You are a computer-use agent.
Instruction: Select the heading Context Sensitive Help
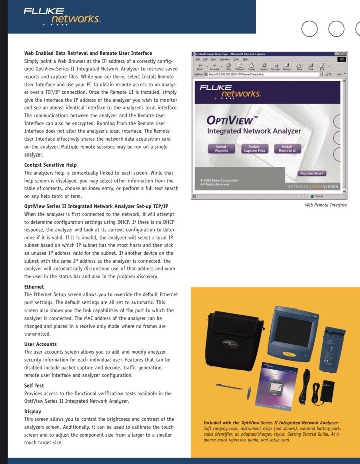pyautogui.click(x=50, y=165)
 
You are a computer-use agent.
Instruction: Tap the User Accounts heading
pyautogui.click(x=40, y=344)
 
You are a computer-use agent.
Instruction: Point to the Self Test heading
pyautogui.click(x=34, y=386)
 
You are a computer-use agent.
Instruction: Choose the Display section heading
pyautogui.click(x=33, y=411)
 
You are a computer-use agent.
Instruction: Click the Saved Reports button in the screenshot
pyautogui.click(x=221, y=149)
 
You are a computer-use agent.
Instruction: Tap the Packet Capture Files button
pyautogui.click(x=254, y=149)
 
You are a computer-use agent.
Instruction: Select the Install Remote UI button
pyautogui.click(x=287, y=149)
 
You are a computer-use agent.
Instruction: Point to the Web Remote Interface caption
pyautogui.click(x=325, y=205)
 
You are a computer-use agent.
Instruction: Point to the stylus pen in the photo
pyautogui.click(x=227, y=386)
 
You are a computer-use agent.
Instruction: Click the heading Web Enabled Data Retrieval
pyautogui.click(x=88, y=53)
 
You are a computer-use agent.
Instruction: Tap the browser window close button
pyautogui.click(x=344, y=53)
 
